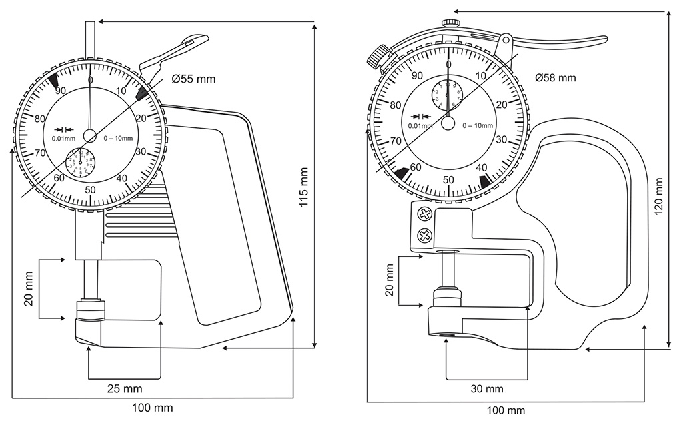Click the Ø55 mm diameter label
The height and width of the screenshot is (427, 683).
point(193,79)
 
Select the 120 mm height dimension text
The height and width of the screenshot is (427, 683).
point(658,195)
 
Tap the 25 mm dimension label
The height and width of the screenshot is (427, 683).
point(125,388)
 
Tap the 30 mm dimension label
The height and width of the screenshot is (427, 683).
point(486,388)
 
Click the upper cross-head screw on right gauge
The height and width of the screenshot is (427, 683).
point(423,214)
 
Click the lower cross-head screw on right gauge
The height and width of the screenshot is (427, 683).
point(423,234)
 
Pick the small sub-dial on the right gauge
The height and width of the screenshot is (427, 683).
point(446,95)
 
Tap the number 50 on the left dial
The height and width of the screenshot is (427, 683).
point(90,189)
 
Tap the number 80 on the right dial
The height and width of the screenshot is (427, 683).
point(396,105)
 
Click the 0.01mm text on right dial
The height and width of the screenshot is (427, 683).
point(420,126)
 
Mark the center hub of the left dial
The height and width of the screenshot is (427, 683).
point(90,135)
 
